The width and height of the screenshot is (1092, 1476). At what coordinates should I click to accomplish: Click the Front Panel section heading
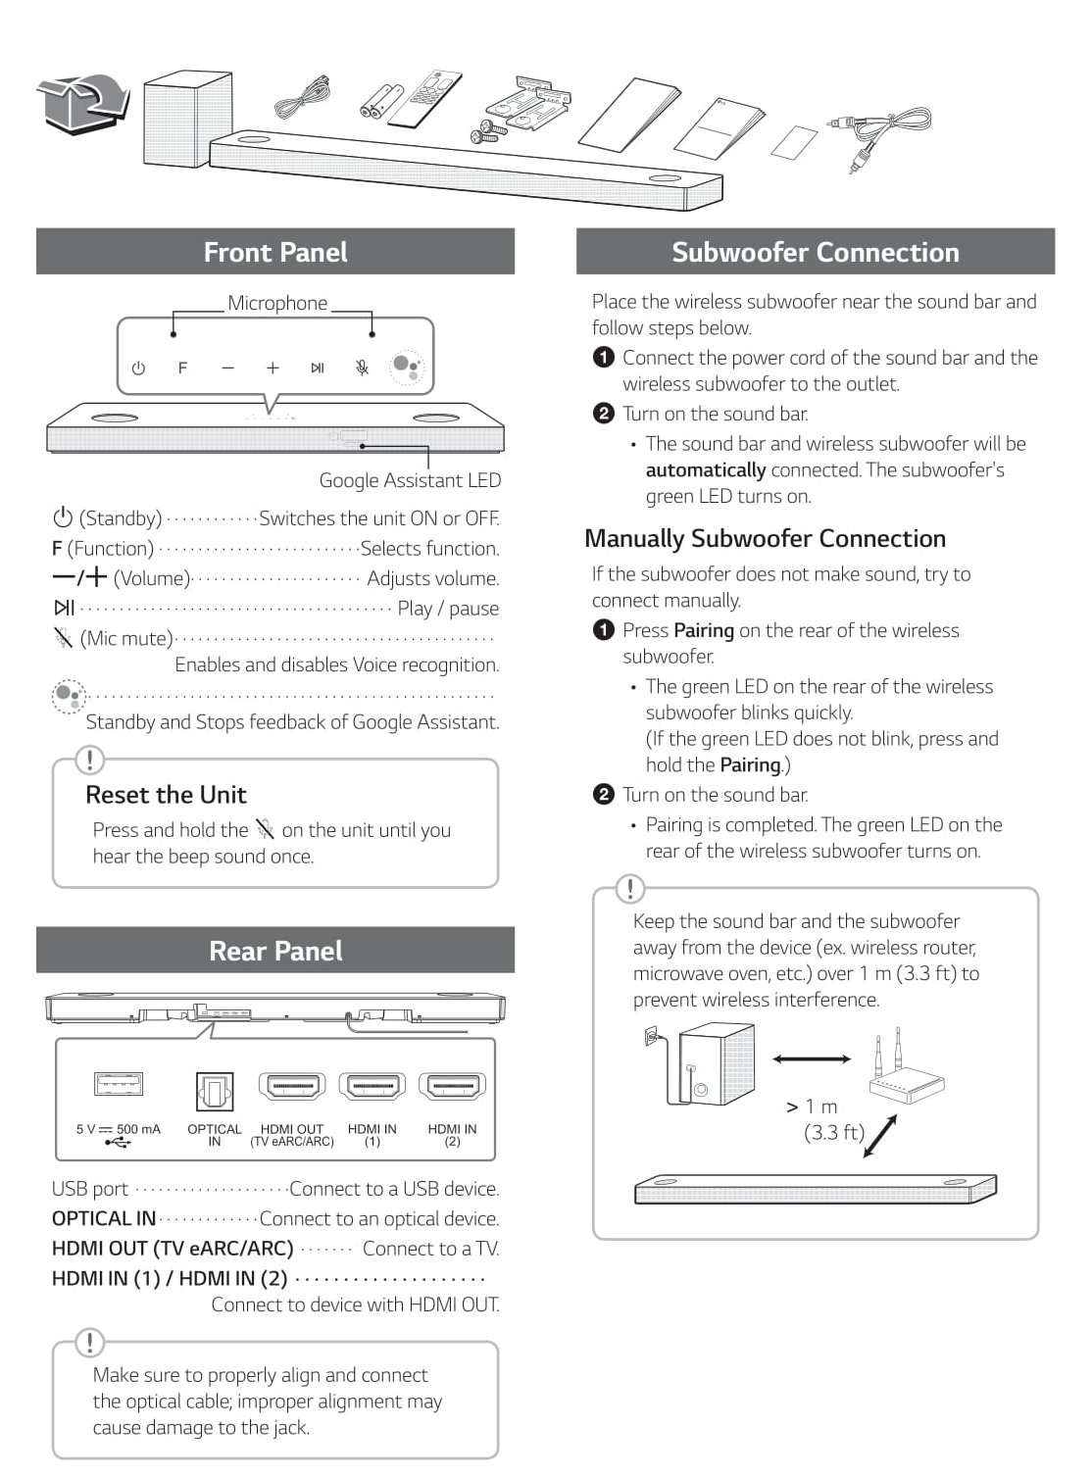point(275,252)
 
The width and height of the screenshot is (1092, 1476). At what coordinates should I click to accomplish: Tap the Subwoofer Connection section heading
point(815,252)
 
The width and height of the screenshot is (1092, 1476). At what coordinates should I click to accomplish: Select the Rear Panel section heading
point(275,951)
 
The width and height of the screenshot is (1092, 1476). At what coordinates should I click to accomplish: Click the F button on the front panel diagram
point(182,369)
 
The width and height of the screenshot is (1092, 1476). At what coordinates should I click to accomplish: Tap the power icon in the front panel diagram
point(138,369)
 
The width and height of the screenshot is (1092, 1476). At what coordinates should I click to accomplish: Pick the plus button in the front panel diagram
point(273,369)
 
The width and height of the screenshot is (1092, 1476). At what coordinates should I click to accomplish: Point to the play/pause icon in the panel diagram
point(318,369)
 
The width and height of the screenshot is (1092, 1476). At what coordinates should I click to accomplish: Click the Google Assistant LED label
point(410,480)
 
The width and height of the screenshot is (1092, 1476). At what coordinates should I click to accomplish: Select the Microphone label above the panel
point(277,303)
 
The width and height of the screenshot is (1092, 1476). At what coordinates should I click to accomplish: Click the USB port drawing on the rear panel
point(119,1084)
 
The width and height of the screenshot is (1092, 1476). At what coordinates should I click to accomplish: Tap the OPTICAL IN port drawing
point(215,1090)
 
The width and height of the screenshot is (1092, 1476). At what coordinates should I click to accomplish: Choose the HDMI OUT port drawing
point(292,1087)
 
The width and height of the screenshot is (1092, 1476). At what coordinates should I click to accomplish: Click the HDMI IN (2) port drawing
point(452,1087)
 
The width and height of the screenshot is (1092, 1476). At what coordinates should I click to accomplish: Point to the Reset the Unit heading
point(166,795)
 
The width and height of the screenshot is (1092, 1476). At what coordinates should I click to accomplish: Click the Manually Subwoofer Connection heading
point(765,539)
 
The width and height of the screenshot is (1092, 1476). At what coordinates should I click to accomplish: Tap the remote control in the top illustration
point(424,99)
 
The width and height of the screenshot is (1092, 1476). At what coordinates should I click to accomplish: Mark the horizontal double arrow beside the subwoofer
point(812,1059)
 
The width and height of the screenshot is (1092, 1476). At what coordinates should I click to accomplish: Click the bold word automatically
point(705,470)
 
